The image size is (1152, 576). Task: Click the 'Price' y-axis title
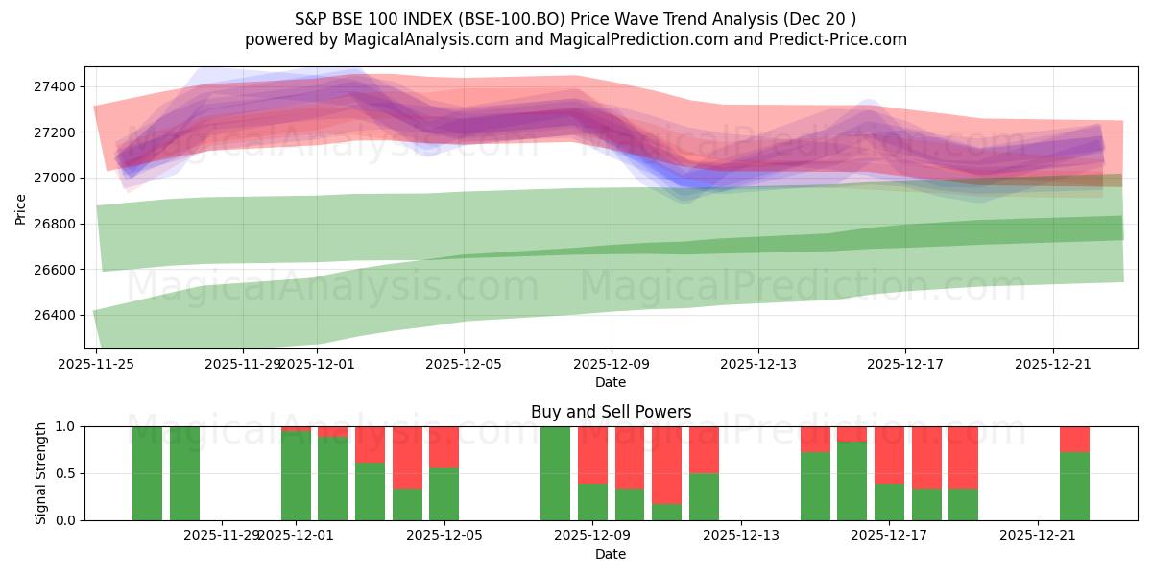[x=21, y=208]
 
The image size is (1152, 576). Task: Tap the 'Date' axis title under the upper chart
[x=610, y=382]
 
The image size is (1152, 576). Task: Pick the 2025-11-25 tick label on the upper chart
[x=96, y=364]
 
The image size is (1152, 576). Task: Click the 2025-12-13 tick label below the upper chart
[x=758, y=364]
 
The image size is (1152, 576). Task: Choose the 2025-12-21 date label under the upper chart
[x=1053, y=364]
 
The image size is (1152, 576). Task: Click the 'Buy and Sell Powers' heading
[x=611, y=412]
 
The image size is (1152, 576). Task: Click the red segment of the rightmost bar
[x=1074, y=439]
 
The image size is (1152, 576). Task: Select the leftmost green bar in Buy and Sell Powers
[x=147, y=473]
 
